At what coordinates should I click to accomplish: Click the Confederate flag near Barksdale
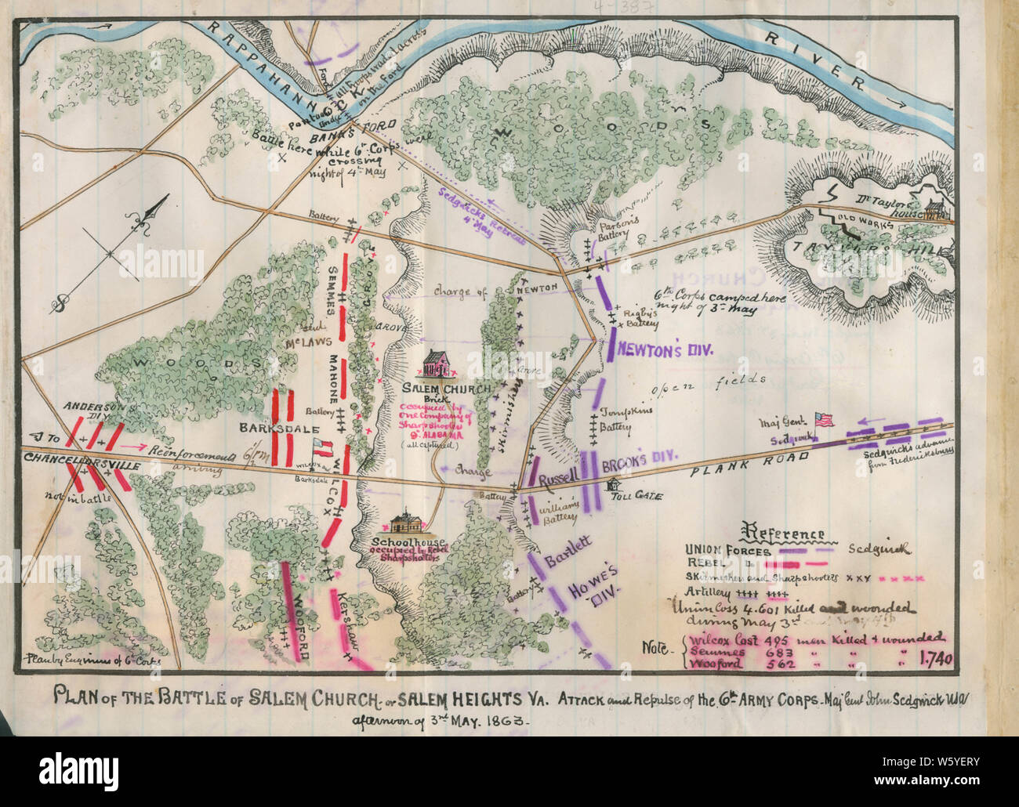click(322, 447)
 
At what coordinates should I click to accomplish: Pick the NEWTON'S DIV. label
click(663, 350)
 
